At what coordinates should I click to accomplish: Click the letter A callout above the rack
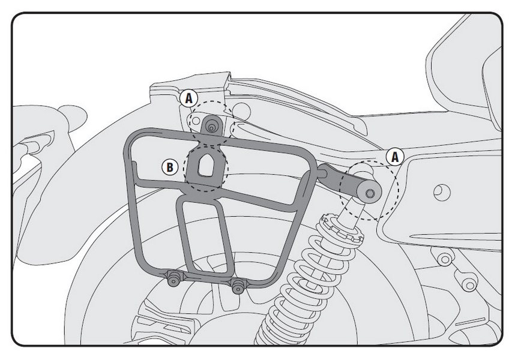[188, 98]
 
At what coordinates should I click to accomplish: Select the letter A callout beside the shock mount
[395, 157]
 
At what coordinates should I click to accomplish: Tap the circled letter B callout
[170, 167]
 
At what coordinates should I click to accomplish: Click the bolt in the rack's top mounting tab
[212, 128]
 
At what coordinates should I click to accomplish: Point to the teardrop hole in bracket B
[205, 164]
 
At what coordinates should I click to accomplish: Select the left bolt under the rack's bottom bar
[173, 280]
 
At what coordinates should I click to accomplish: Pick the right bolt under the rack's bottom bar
[238, 286]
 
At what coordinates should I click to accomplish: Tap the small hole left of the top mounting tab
[196, 121]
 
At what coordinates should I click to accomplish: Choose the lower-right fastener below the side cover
[469, 285]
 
